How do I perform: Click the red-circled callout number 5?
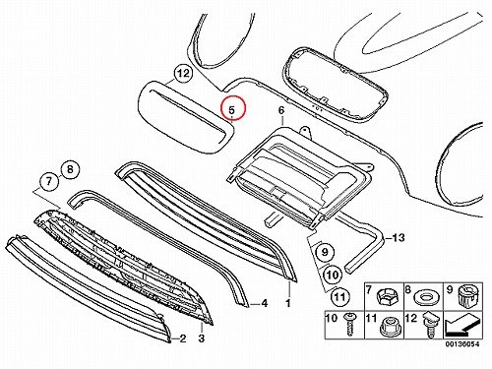(232, 108)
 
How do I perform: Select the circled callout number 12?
(183, 73)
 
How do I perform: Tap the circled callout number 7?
(49, 181)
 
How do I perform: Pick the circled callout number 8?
(70, 169)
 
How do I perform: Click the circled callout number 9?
(325, 252)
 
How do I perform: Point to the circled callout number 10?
(333, 275)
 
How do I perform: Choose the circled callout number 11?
(339, 296)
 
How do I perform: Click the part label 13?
(398, 237)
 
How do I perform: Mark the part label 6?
(281, 111)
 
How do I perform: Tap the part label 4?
(265, 303)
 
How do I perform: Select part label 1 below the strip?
(288, 303)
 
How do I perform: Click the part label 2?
(183, 338)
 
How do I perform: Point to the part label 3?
(202, 338)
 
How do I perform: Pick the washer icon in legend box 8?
(424, 298)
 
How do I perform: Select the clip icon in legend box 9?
(465, 295)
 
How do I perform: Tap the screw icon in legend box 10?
(349, 324)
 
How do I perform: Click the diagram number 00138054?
(462, 343)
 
